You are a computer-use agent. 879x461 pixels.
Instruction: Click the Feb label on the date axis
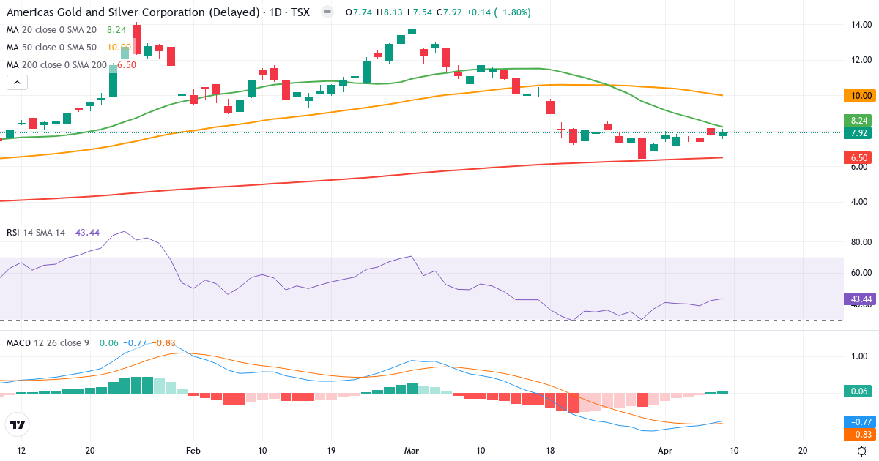pos(193,451)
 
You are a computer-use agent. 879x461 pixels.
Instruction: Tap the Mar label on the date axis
pos(411,451)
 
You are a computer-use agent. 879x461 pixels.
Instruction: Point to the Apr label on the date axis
pos(664,451)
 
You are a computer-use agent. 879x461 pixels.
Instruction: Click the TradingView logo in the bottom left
pos(17,424)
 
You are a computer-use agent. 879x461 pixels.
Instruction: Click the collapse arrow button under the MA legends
pos(17,82)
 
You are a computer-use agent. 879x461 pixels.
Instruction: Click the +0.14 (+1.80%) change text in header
pos(499,12)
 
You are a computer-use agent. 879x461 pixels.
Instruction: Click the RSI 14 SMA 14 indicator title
pos(36,232)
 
